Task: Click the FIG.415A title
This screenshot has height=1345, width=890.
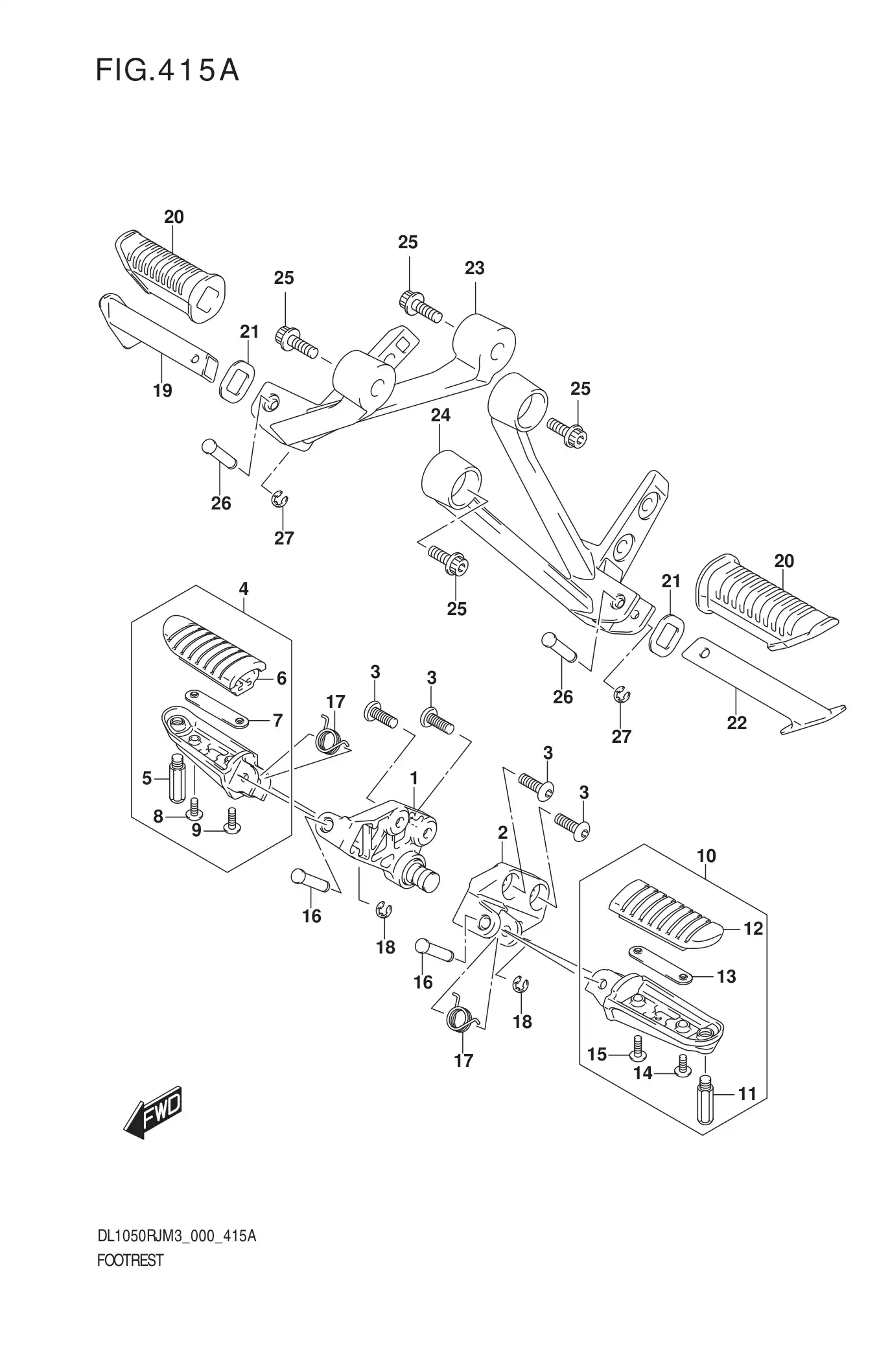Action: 167,71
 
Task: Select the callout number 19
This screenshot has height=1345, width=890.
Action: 163,390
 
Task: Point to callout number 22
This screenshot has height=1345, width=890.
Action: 737,722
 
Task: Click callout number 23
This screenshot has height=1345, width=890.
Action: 474,268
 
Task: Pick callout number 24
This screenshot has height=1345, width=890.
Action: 441,414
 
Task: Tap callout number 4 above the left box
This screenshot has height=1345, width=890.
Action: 243,589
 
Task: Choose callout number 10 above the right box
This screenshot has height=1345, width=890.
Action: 707,856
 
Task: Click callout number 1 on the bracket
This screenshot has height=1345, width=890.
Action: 414,778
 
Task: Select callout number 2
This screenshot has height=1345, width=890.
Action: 502,833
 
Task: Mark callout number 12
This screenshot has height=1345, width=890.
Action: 753,929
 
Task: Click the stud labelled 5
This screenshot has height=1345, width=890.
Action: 178,778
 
